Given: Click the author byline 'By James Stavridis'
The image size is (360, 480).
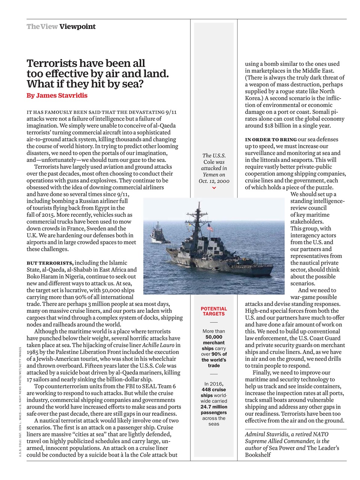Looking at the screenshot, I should coord(57,95).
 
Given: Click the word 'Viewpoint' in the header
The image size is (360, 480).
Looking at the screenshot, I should coord(77,27).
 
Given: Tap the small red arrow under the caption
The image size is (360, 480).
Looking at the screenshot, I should coord(214,188).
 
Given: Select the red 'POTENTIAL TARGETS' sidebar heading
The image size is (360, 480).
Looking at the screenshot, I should coord(214,311).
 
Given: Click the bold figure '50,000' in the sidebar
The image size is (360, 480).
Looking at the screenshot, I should coord(214,337).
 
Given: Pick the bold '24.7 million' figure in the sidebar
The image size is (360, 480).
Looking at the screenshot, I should coord(214,406).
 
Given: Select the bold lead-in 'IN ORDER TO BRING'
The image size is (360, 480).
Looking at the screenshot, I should coord(271,139).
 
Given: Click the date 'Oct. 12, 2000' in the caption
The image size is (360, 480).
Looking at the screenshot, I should coord(214,181).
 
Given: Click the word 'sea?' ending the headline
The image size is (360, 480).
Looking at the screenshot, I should coord(132,84).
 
